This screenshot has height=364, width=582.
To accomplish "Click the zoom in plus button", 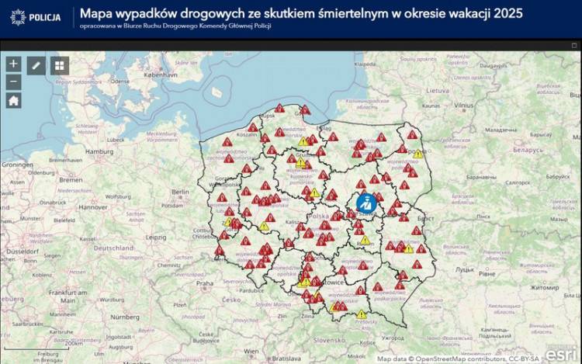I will (x=13, y=64).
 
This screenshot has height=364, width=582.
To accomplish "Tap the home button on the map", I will (x=13, y=100).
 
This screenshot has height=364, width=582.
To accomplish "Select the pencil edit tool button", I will (x=36, y=65).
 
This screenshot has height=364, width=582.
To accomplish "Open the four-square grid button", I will (x=60, y=65).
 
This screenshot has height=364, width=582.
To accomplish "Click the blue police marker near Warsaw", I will (x=365, y=203).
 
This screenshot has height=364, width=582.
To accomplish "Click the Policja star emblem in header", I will (x=18, y=16).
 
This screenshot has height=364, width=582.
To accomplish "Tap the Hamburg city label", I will (x=99, y=151).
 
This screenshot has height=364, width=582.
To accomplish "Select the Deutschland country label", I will (x=114, y=248).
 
